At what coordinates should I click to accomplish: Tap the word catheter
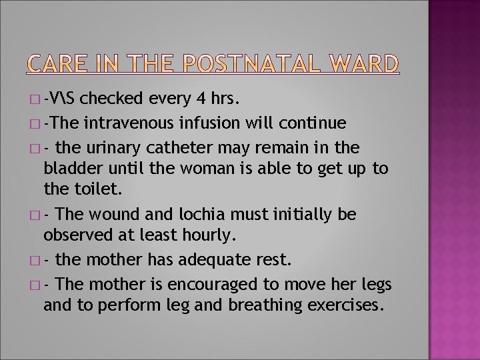pyautogui.click(x=219, y=147)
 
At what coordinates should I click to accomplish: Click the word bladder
pyautogui.click(x=69, y=169)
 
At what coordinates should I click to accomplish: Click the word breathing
pyautogui.click(x=262, y=306)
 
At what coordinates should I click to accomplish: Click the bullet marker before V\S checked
pyautogui.click(x=34, y=100)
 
